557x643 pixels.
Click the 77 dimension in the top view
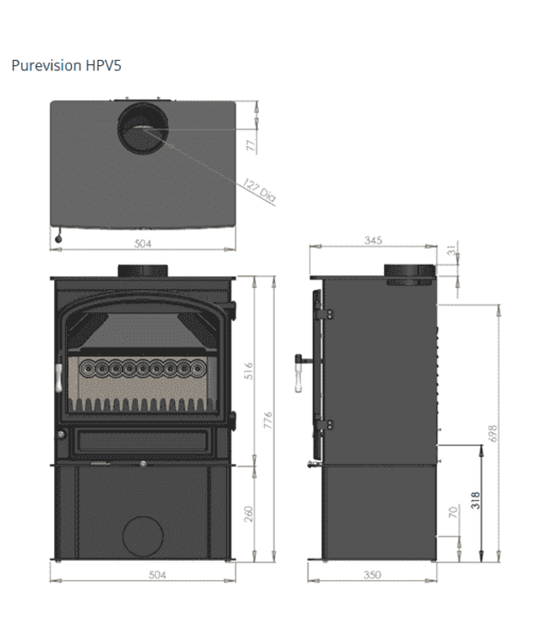click(x=251, y=143)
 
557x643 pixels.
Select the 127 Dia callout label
click(x=259, y=190)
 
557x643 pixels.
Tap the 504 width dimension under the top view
click(x=143, y=243)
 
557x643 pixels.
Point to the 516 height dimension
click(x=249, y=370)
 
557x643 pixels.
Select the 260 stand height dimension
click(x=249, y=513)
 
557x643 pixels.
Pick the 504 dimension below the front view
click(x=143, y=574)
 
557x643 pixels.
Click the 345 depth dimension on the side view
click(x=372, y=241)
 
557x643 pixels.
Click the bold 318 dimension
click(x=476, y=499)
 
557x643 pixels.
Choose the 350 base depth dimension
click(x=372, y=574)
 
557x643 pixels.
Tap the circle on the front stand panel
click(x=142, y=537)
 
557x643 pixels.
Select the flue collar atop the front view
click(x=142, y=272)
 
